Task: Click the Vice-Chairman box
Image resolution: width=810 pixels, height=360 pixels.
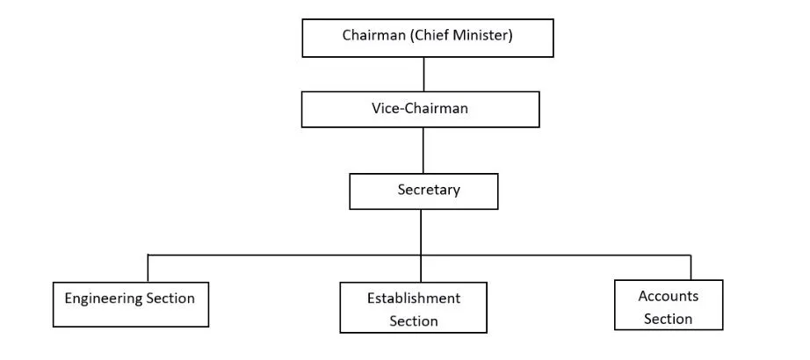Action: click(x=421, y=110)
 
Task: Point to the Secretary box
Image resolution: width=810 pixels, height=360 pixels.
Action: click(x=423, y=191)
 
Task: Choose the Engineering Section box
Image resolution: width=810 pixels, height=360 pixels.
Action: click(x=131, y=305)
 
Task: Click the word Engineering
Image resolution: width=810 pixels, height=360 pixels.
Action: click(x=104, y=299)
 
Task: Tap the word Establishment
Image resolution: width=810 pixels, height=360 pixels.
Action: click(x=414, y=298)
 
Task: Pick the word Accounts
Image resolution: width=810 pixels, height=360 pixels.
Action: click(x=669, y=296)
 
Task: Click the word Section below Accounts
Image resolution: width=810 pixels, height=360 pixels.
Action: click(x=668, y=319)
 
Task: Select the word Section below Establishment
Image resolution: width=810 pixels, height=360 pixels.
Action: click(x=414, y=321)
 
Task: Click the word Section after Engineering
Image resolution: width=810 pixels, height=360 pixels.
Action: click(x=170, y=299)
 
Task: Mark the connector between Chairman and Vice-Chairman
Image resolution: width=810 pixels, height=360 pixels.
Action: click(x=423, y=75)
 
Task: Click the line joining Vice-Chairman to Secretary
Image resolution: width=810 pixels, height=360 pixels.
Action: click(x=423, y=150)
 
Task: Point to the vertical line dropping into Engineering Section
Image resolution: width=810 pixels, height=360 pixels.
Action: click(x=148, y=268)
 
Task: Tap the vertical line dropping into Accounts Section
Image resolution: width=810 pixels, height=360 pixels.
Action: click(x=691, y=267)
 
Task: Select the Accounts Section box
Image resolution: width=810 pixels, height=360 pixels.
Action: click(x=669, y=305)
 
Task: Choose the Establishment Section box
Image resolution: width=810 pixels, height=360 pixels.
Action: click(x=413, y=307)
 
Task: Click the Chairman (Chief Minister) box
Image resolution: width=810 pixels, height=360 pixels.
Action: click(x=428, y=39)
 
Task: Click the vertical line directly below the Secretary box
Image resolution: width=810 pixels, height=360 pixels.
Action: click(x=421, y=246)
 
